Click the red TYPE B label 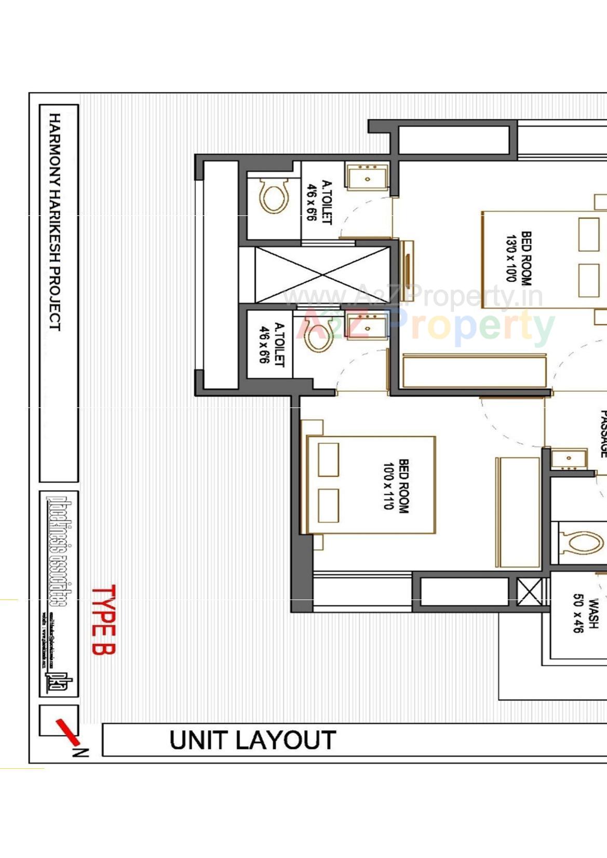[x=103, y=620]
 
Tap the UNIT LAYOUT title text [x=252, y=740]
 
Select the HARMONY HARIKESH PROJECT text [x=55, y=222]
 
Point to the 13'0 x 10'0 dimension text [x=511, y=258]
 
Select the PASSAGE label [x=602, y=433]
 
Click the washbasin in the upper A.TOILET [x=367, y=176]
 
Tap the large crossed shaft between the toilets [x=322, y=275]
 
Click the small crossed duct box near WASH [x=530, y=591]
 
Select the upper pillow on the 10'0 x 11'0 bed [x=328, y=459]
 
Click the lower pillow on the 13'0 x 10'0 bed [x=588, y=280]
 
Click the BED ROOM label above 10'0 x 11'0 [x=403, y=486]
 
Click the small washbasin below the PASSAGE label [x=568, y=459]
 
